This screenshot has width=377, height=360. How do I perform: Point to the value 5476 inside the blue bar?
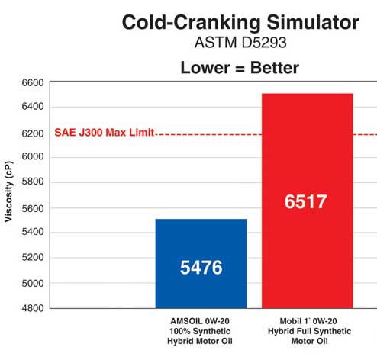(x=201, y=268)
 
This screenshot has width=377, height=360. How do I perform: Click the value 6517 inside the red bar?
(x=307, y=202)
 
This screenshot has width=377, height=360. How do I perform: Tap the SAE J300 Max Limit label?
(x=104, y=132)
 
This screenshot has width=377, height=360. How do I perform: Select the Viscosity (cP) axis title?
(x=9, y=195)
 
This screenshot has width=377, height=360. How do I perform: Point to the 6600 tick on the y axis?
(x=34, y=82)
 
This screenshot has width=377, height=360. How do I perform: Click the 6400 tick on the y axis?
(x=34, y=107)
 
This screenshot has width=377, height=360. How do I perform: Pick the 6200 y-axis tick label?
(x=34, y=132)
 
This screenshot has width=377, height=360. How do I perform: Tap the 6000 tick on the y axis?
(x=34, y=157)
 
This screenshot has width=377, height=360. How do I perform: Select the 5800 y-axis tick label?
(x=34, y=182)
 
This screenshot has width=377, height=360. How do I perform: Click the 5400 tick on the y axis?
(x=34, y=233)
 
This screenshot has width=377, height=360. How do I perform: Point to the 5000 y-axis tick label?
(x=34, y=283)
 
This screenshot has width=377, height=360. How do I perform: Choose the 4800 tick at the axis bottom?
(x=34, y=308)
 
